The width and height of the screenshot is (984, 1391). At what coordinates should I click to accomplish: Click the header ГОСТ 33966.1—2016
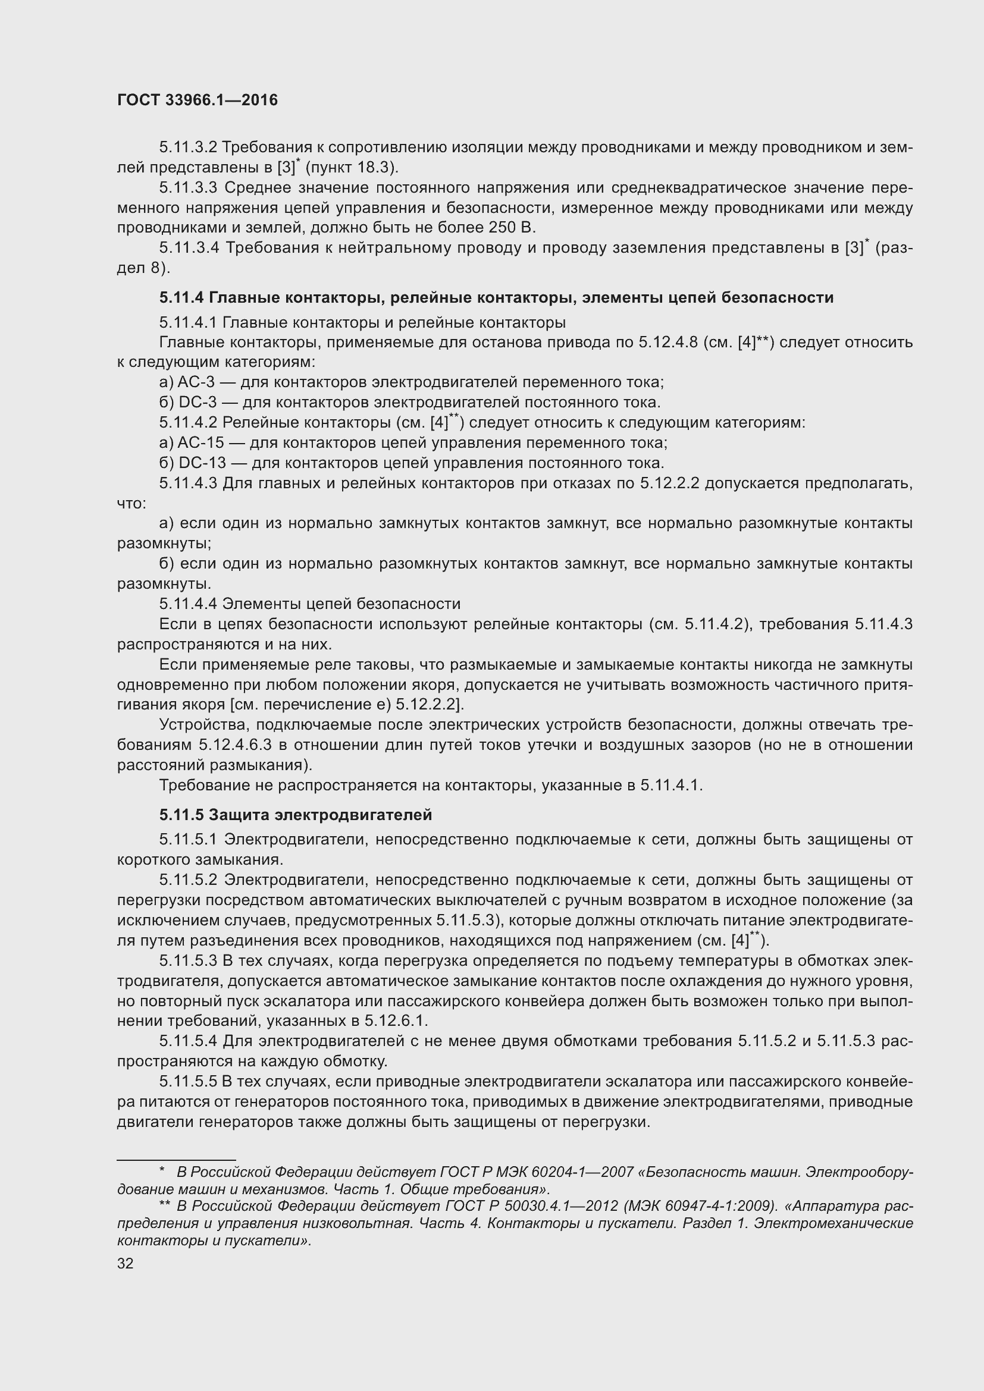point(197,100)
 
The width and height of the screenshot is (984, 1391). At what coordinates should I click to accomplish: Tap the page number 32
point(125,1264)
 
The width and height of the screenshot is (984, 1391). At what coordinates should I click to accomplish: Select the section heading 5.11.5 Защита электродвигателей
point(296,815)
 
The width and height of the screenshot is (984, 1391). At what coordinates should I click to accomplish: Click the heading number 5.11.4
point(181,297)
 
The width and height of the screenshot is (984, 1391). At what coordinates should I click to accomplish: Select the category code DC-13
point(202,463)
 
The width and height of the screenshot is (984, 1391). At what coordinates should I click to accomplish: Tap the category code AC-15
point(200,443)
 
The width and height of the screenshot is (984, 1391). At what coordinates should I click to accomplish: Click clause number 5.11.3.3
point(189,188)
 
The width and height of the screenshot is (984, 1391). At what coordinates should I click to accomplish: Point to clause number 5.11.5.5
point(188,1081)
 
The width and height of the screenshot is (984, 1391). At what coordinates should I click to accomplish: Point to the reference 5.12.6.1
point(396,1021)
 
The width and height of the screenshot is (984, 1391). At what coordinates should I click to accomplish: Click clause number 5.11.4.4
point(189,604)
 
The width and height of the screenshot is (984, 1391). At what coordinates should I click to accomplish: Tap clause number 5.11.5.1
point(189,840)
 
